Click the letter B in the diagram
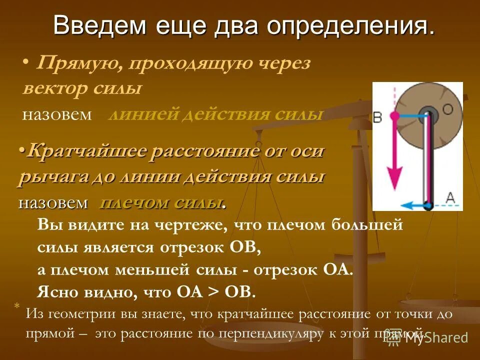(x=378, y=117)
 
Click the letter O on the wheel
(x=447, y=109)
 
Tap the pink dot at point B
(x=394, y=115)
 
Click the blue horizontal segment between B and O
(x=411, y=115)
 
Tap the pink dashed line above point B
(x=394, y=97)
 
